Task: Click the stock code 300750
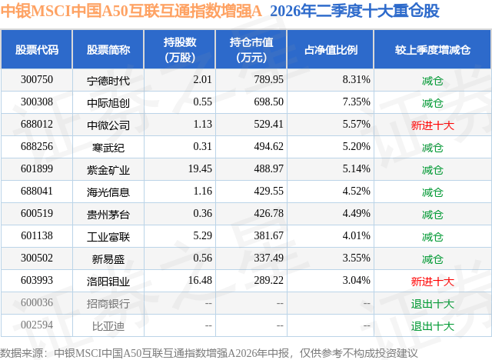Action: pos(37,80)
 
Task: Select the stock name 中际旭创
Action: pos(108,102)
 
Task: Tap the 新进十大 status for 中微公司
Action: pos(432,125)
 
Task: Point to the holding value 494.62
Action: pos(268,147)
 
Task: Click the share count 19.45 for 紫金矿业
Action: pos(200,169)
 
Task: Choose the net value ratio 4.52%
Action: pos(356,191)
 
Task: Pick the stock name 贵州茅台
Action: pos(108,215)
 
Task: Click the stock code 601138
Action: pos(37,235)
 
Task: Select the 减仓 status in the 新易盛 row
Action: pos(432,259)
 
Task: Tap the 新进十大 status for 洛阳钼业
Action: pos(432,282)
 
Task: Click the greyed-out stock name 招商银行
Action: pos(108,304)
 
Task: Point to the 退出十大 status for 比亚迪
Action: pos(432,326)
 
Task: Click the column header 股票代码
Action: pos(37,49)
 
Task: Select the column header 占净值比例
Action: pos(331,49)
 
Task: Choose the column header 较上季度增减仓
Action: pos(432,49)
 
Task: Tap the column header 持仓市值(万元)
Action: pos(251,49)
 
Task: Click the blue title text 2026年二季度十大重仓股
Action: pos(354,12)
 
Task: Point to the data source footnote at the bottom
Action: pos(208,353)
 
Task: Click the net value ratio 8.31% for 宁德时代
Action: pos(356,80)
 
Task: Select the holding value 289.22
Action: pos(268,280)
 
